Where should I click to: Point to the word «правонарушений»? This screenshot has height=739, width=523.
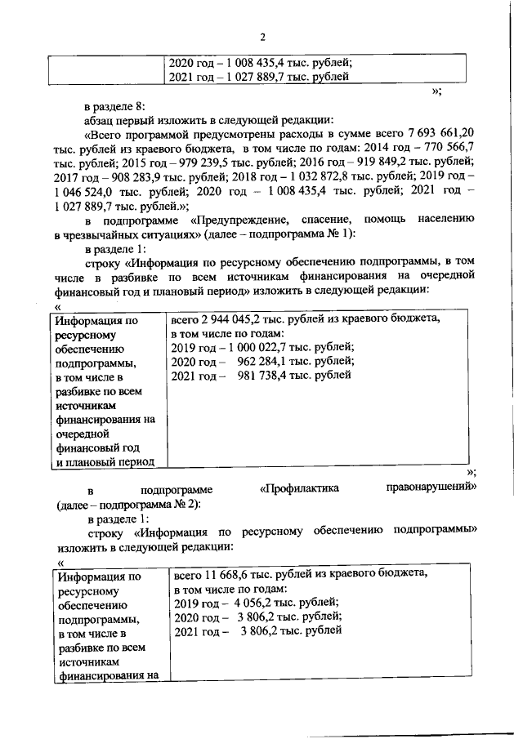pos(430,488)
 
